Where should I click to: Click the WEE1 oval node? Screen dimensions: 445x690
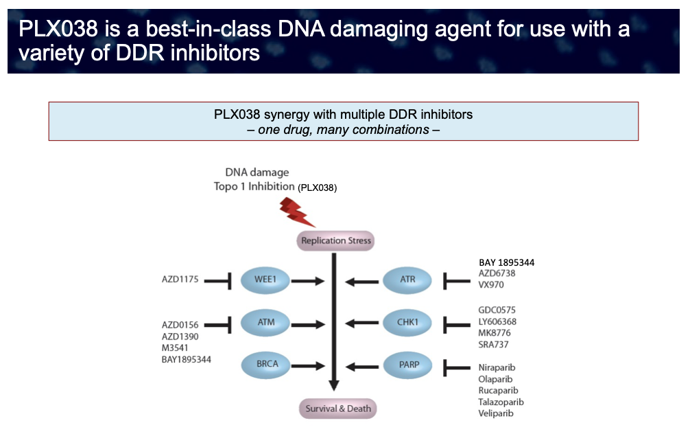click(264, 280)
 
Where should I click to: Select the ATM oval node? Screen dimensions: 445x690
click(264, 322)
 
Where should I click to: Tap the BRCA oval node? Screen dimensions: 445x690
click(264, 365)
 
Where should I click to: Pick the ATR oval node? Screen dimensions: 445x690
click(408, 280)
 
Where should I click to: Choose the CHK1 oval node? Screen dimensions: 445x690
click(408, 322)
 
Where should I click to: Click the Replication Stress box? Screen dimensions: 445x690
click(336, 241)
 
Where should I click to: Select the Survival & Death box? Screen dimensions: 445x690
click(339, 409)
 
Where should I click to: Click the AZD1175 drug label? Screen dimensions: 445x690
click(180, 280)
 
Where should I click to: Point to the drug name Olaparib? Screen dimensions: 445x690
click(496, 379)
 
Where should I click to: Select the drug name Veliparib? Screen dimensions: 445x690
click(496, 413)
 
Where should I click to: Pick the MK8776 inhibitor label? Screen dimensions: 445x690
click(495, 333)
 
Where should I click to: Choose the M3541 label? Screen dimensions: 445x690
click(176, 347)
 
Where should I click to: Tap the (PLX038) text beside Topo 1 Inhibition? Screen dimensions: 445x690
click(318, 187)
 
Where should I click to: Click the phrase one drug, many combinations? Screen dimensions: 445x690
click(343, 130)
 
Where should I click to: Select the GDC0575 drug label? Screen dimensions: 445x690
click(497, 310)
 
